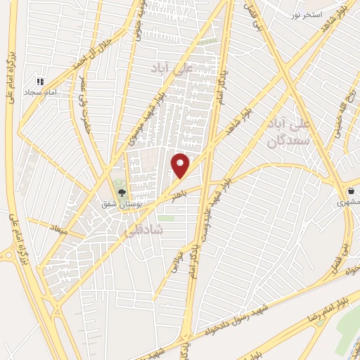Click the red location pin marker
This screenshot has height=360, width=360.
click(x=181, y=165)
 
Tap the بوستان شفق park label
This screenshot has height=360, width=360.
click(x=123, y=203)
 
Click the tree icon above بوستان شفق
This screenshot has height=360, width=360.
click(x=122, y=192)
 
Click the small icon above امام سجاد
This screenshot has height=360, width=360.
click(x=41, y=82)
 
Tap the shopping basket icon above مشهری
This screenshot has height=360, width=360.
click(x=352, y=191)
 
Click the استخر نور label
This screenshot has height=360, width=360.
click(x=308, y=14)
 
